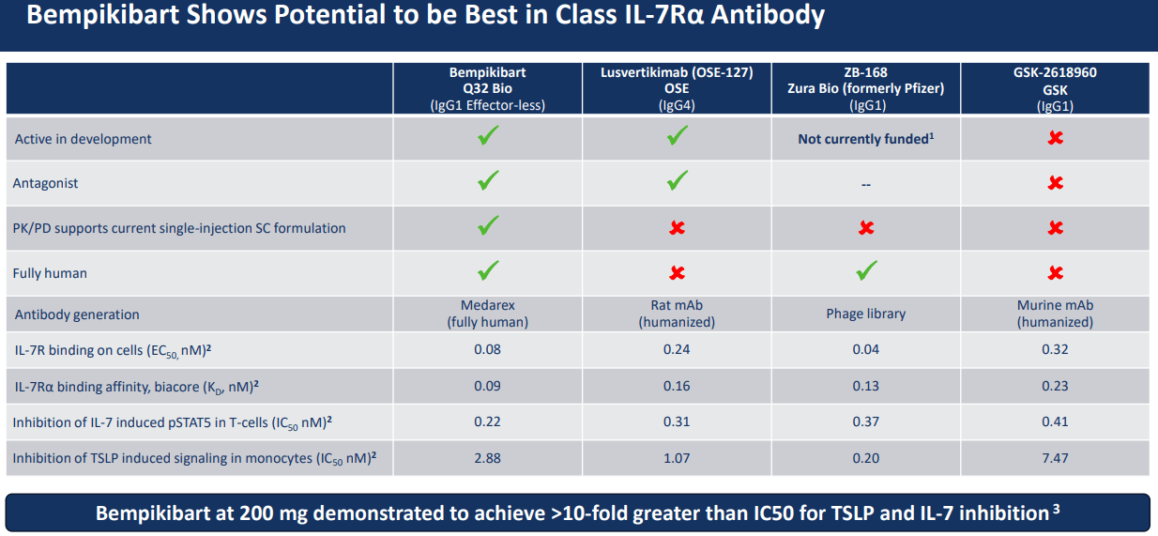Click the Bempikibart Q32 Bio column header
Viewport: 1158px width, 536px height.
(x=488, y=88)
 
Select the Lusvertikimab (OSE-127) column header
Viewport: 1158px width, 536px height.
(x=677, y=88)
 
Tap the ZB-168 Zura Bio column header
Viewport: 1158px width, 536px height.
(x=865, y=88)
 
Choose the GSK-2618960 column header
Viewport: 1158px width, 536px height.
(x=1055, y=88)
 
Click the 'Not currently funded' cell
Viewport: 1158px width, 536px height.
(x=865, y=139)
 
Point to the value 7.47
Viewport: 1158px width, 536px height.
(x=1055, y=457)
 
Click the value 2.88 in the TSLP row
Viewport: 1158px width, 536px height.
(x=488, y=457)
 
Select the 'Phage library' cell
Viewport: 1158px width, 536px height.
(x=865, y=314)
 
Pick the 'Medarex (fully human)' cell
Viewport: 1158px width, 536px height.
(x=488, y=314)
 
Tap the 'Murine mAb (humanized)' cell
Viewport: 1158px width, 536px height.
(x=1055, y=314)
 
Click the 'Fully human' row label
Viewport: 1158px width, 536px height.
(x=50, y=273)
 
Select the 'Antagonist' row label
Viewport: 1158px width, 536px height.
(x=45, y=183)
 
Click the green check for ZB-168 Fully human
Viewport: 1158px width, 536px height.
(x=866, y=272)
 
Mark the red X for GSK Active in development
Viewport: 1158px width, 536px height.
(x=1055, y=138)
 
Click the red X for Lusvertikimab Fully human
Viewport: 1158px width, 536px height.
(x=677, y=273)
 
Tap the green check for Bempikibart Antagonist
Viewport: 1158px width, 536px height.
(x=488, y=181)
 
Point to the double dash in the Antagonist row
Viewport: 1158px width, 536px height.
(x=865, y=184)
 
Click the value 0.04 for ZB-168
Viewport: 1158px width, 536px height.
(x=865, y=349)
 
